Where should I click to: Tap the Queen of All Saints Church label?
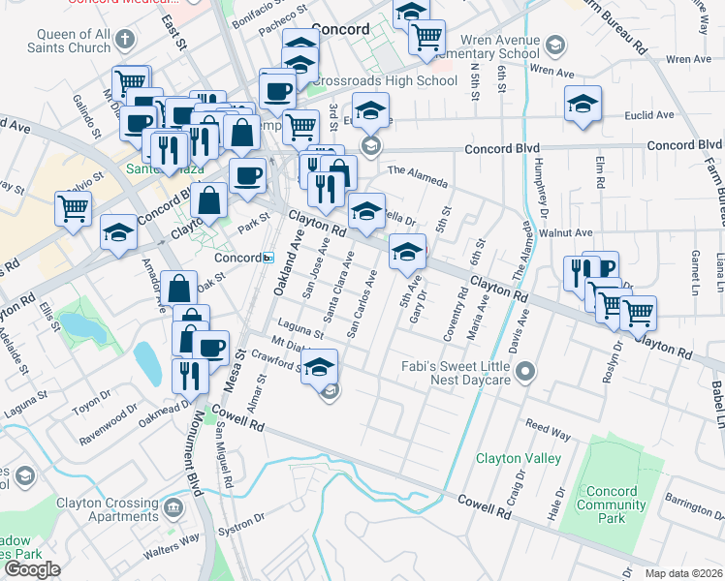(x=75, y=41)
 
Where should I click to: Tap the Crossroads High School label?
(x=397, y=81)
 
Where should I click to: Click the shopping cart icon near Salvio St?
(x=74, y=207)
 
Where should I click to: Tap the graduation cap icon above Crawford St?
(x=319, y=366)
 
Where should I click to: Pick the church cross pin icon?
(x=123, y=41)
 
